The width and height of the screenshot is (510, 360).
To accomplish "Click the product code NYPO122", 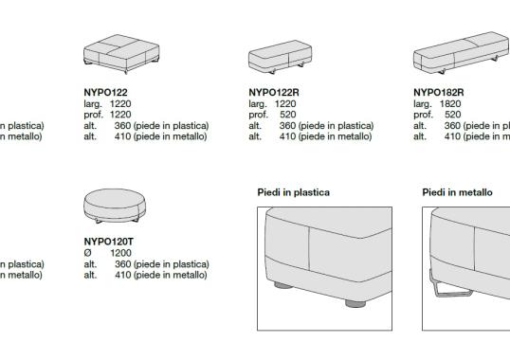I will pyautogui.click(x=104, y=93).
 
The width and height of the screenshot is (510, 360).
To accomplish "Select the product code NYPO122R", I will pyautogui.click(x=271, y=93).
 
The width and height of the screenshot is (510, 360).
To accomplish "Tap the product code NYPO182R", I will pyautogui.click(x=437, y=93).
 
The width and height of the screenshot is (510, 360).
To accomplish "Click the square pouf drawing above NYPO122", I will pyautogui.click(x=113, y=58).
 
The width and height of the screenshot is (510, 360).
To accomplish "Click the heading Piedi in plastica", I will pyautogui.click(x=294, y=192).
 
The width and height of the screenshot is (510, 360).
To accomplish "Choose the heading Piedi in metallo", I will pyautogui.click(x=457, y=192).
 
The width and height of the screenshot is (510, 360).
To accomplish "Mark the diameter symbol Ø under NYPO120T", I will pyautogui.click(x=88, y=254).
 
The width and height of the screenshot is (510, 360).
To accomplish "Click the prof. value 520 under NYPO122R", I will pyautogui.click(x=288, y=114).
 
